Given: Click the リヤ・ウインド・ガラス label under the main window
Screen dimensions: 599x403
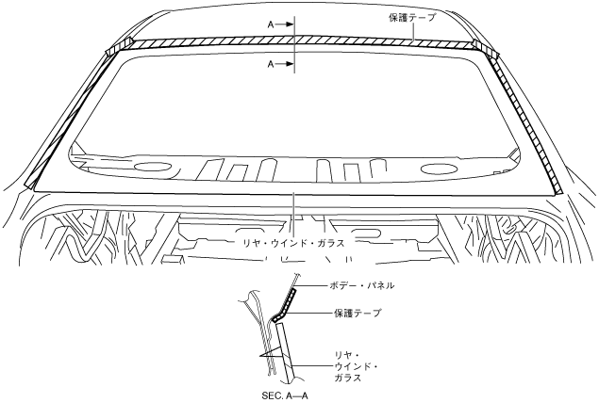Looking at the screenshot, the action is (x=294, y=242).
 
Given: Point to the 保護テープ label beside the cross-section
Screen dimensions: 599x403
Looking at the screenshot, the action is (x=357, y=313).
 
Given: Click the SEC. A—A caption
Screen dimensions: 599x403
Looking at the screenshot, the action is (x=286, y=396).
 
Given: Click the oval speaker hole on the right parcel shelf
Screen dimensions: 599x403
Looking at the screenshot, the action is (x=441, y=169).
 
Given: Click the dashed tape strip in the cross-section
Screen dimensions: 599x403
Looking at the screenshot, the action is (x=283, y=307).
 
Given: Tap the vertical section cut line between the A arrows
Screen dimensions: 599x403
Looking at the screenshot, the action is (x=295, y=42).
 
